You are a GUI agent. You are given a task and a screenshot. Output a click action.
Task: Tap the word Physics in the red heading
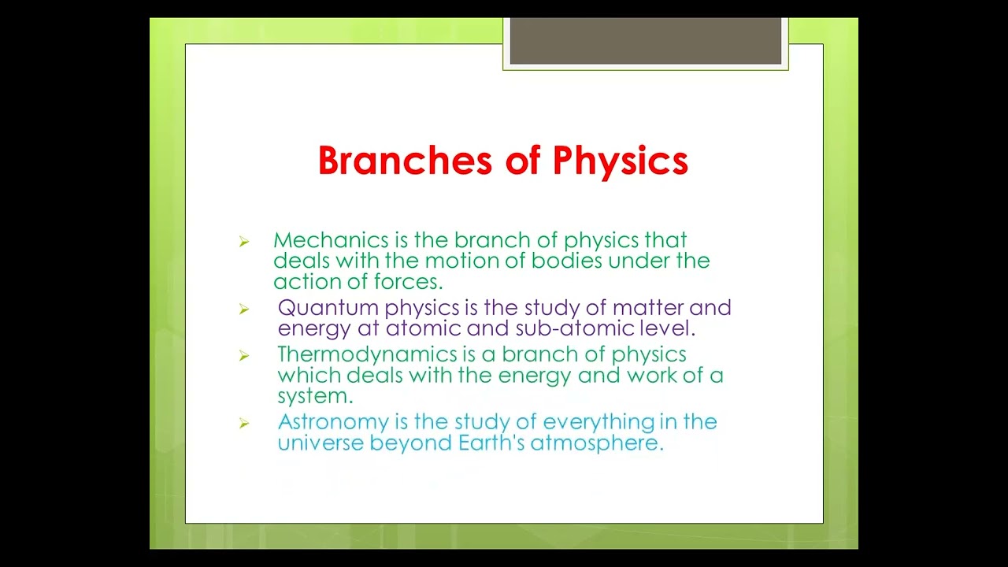620,161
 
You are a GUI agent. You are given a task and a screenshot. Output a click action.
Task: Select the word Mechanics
320,240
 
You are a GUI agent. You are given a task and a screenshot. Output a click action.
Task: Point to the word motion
458,261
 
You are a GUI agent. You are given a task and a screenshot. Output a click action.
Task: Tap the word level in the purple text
671,328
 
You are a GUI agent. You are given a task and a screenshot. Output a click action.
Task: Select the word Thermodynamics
367,354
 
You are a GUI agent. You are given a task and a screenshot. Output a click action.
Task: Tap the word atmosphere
597,443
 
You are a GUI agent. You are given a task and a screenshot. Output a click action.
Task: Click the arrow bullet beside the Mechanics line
244,242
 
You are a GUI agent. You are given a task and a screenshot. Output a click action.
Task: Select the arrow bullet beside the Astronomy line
244,424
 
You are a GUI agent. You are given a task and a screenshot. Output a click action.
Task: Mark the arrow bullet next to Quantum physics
244,309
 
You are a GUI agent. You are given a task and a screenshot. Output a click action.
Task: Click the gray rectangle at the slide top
645,42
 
